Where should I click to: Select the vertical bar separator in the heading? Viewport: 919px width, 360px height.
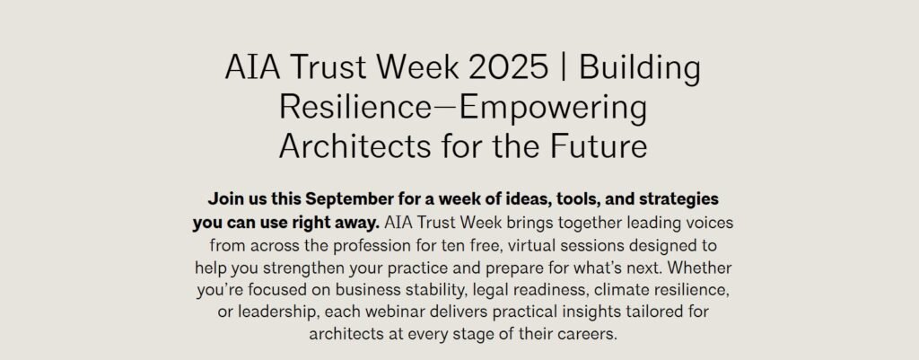point(564,68)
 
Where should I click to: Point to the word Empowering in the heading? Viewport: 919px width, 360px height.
point(553,109)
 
